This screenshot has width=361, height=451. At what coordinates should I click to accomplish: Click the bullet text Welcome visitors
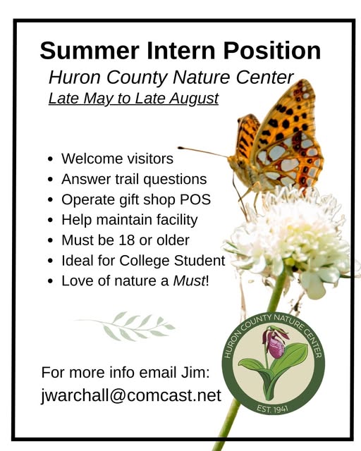click(x=117, y=159)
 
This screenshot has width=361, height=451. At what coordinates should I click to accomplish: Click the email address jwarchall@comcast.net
click(x=131, y=395)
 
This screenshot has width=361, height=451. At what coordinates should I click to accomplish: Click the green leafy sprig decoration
click(x=127, y=326)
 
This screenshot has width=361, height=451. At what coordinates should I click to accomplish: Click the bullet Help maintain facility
click(x=129, y=219)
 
